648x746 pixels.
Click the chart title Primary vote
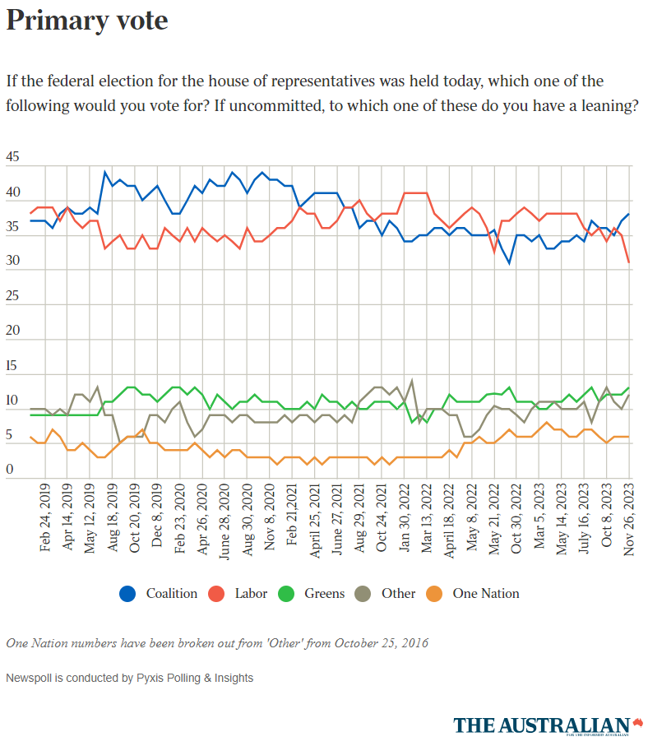point(87,21)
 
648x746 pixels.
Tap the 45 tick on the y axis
point(13,157)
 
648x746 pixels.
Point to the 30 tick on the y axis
point(13,262)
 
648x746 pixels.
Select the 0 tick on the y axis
point(10,470)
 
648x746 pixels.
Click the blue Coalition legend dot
point(127,593)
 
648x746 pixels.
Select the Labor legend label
point(251,593)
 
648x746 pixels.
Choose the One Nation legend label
point(486,593)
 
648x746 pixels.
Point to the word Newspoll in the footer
point(30,679)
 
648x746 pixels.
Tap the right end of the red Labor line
point(629,262)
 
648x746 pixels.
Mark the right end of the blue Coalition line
point(629,214)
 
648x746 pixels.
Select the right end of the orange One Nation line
point(629,437)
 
